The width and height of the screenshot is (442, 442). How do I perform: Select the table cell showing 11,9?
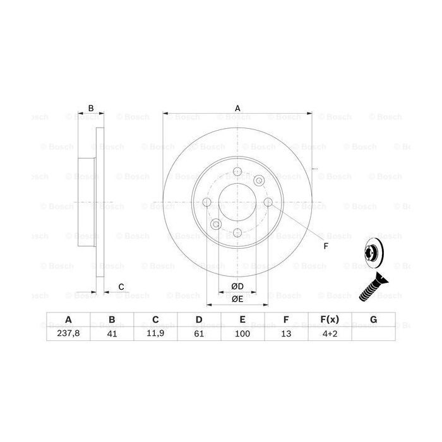point(155,335)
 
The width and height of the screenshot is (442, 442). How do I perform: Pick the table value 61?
point(198,335)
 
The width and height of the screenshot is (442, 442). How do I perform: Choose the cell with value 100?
point(242,335)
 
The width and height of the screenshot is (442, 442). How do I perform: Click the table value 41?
point(111,335)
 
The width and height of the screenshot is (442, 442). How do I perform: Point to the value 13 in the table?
point(286,335)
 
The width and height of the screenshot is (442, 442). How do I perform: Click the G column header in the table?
point(373,320)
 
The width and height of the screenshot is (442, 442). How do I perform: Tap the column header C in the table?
point(155,320)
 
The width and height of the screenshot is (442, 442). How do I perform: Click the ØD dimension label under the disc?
point(237,287)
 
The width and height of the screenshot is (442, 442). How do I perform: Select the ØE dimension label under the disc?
point(237,299)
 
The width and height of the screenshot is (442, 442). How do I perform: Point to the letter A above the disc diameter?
point(238,108)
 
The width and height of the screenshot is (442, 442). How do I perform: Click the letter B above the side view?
point(91,109)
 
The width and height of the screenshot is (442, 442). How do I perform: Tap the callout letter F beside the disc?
point(326,246)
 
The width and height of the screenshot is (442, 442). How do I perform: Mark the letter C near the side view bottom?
point(121,287)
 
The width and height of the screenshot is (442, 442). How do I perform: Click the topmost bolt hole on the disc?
point(237,172)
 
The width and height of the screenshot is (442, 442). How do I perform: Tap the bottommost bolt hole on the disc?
point(237,233)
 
